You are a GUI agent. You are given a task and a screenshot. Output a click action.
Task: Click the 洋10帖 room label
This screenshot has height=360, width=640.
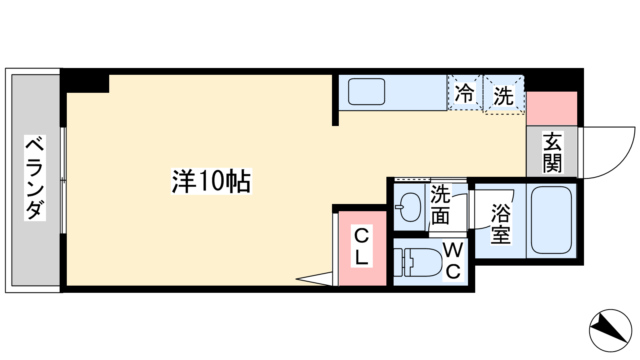[211, 181]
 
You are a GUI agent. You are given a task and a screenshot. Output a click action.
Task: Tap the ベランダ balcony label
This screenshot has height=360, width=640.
[35, 178]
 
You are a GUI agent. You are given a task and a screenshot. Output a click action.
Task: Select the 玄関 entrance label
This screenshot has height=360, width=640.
[552, 152]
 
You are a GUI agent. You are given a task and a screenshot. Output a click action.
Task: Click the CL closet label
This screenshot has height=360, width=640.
[362, 246]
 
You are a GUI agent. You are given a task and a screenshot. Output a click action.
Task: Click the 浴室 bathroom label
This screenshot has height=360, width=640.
[501, 224]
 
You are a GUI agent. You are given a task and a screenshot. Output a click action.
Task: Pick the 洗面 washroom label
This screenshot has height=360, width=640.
[440, 204]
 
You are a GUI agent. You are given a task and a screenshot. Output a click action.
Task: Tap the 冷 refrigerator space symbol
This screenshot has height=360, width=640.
[464, 93]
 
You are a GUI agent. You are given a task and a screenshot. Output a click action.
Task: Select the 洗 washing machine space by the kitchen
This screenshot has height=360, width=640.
[504, 94]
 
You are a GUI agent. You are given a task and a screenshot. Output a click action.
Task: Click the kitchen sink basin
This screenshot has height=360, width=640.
[366, 92]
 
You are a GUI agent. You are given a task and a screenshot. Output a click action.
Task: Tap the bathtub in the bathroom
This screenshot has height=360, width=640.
[551, 220]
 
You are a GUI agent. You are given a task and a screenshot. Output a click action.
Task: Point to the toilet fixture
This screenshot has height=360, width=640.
[418, 262]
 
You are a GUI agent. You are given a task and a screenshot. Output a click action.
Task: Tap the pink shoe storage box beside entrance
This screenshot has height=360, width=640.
[552, 108]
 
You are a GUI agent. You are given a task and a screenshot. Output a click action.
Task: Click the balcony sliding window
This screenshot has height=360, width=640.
[63, 180]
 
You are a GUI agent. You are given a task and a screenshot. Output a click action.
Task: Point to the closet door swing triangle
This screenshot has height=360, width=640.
[314, 279]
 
